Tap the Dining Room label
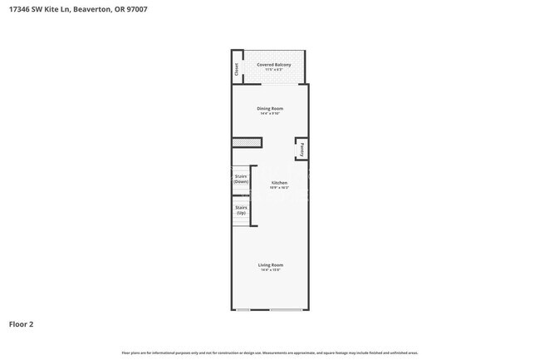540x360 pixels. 269,109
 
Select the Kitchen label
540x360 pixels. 279,182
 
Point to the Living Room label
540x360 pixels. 270,264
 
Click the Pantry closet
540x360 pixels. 303,150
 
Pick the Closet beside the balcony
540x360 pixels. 236,70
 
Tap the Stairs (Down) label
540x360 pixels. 241,179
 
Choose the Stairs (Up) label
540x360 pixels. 241,210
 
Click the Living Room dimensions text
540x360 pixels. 270,270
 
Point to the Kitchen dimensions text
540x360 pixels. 279,188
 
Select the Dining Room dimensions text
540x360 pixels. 269,114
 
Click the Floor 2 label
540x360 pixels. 22,324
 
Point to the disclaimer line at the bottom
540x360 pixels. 270,353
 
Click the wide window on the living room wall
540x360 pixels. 286,310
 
